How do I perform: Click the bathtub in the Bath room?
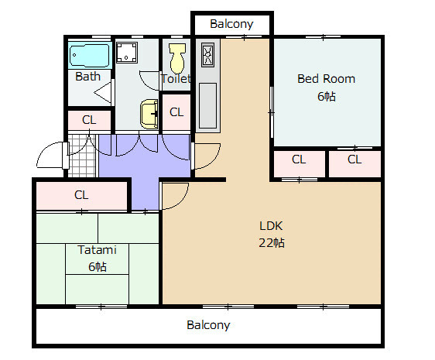(x=90, y=55)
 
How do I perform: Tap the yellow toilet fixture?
(x=177, y=58)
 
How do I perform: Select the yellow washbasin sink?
(x=149, y=114)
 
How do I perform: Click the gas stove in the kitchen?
(x=207, y=55)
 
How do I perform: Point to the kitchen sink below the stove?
(x=207, y=106)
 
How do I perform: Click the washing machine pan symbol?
(x=127, y=53)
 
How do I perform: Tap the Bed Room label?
(x=327, y=79)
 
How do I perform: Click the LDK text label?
(x=271, y=226)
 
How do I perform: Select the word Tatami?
(x=97, y=250)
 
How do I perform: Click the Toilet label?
(x=176, y=78)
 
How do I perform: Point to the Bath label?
(x=87, y=77)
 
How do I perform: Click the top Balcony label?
(x=231, y=24)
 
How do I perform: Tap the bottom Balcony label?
(x=208, y=325)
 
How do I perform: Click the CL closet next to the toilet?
(x=176, y=112)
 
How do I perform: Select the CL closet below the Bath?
(x=89, y=120)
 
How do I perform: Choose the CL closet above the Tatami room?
(x=82, y=195)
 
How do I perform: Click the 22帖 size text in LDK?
(x=272, y=243)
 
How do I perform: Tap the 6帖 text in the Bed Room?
(x=327, y=96)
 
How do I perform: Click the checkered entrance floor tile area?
(x=82, y=156)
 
